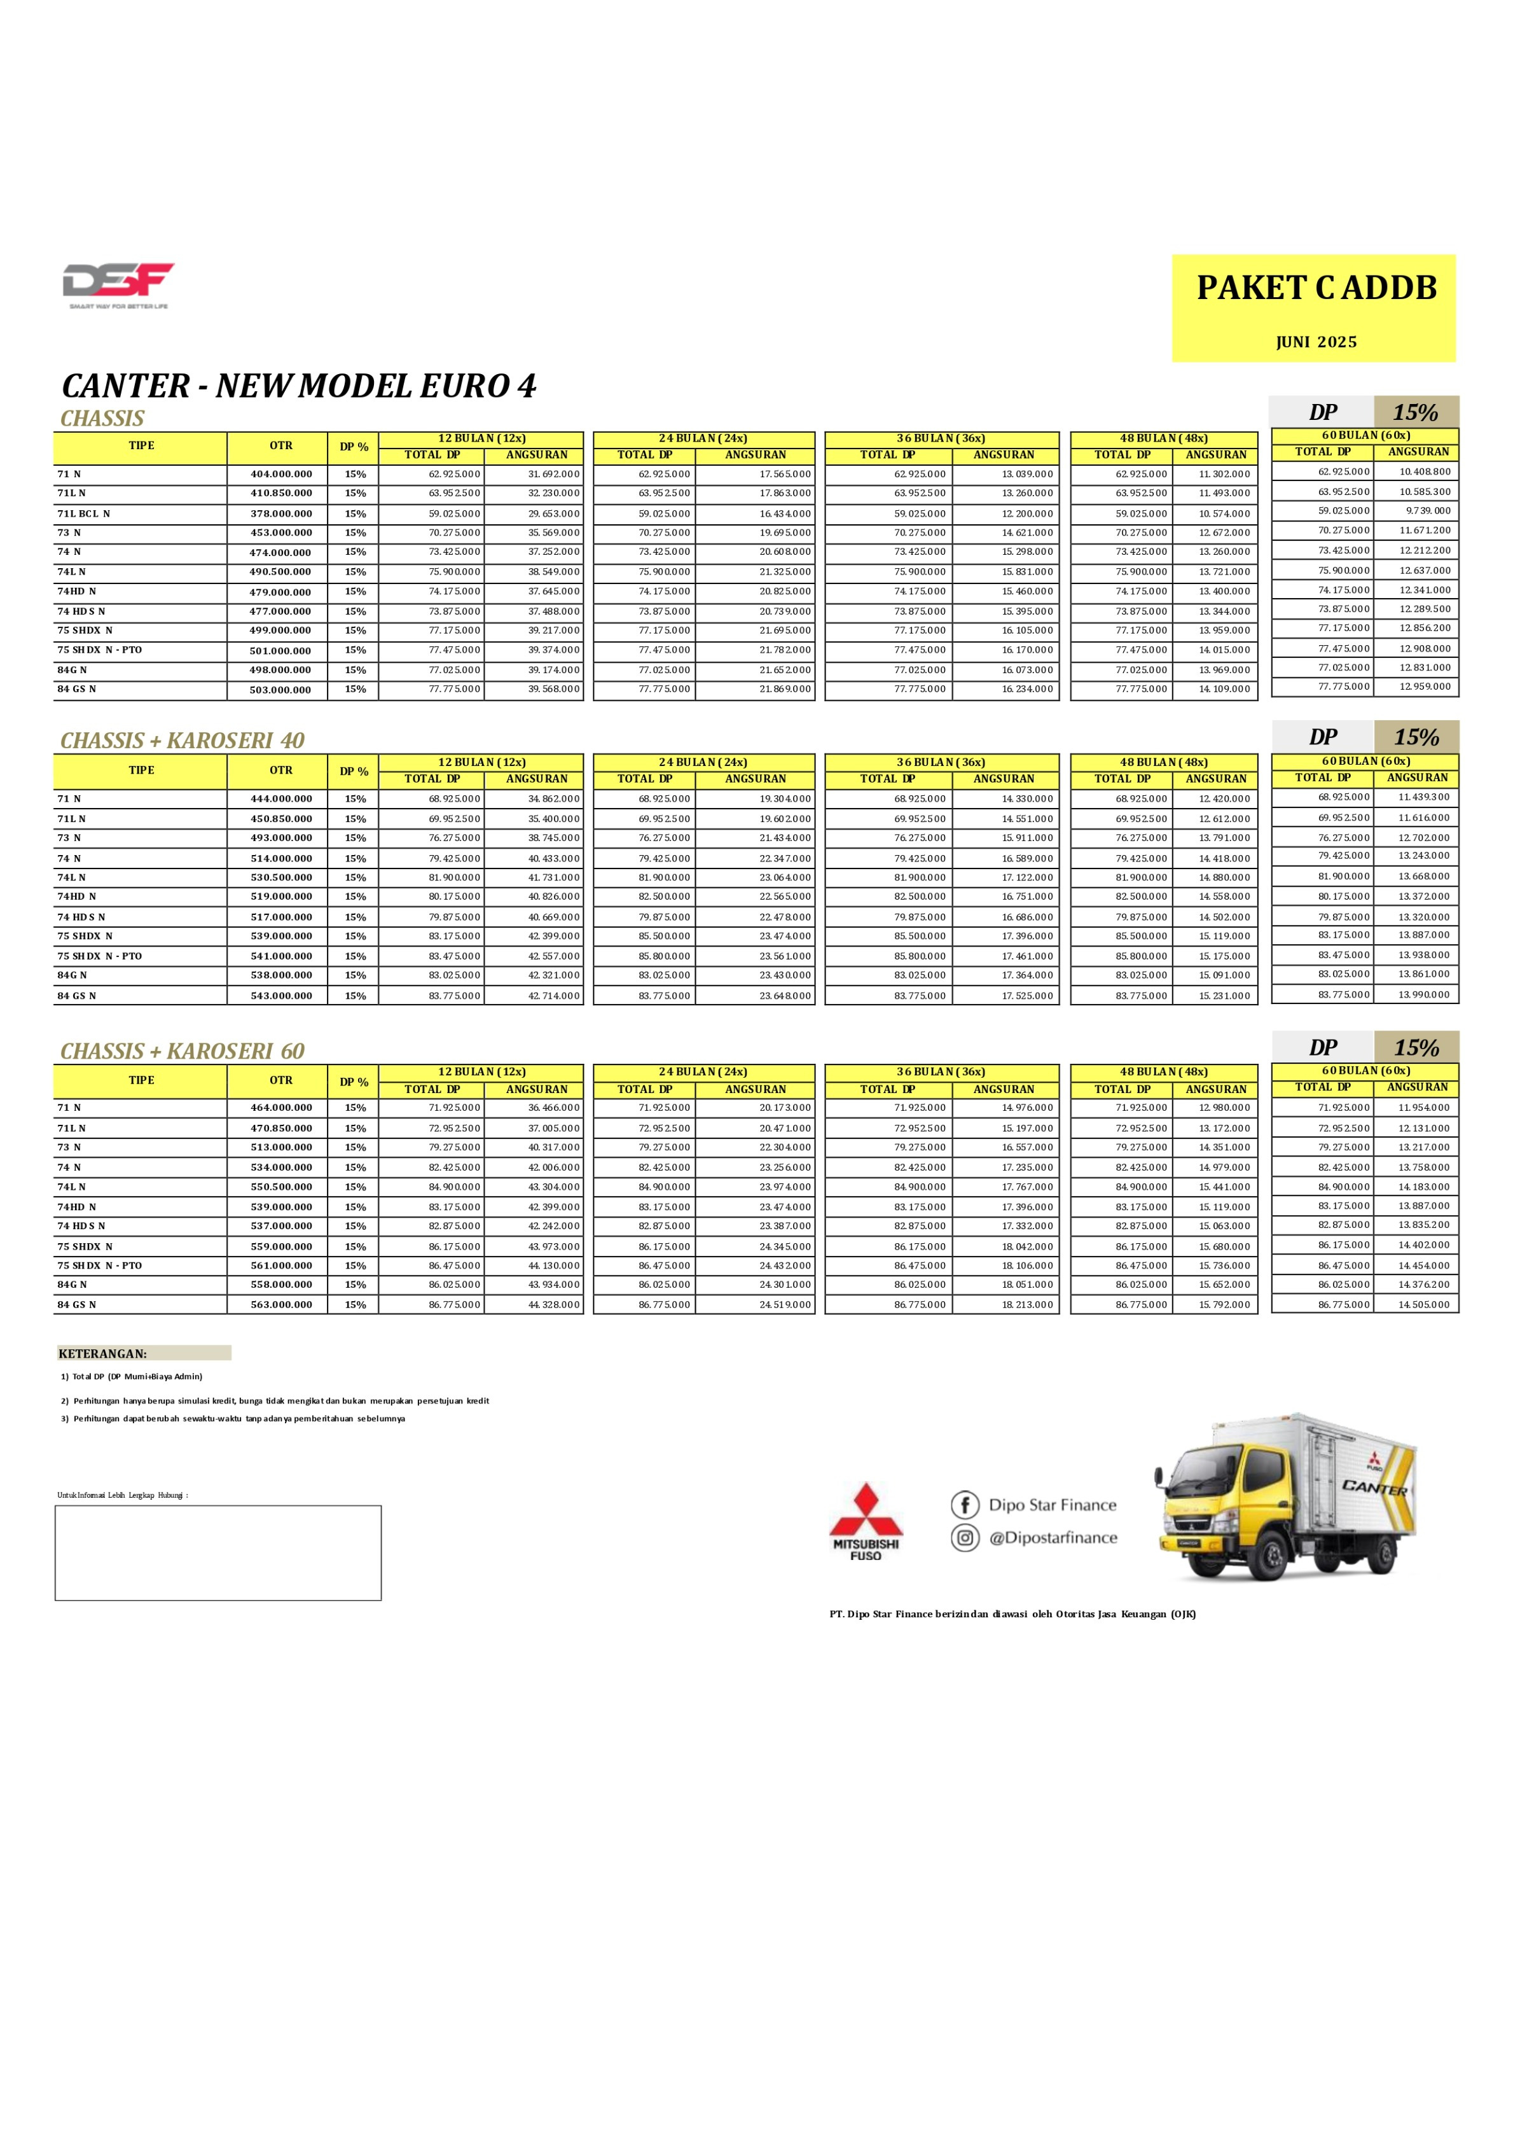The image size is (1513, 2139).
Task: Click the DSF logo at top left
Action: tap(118, 282)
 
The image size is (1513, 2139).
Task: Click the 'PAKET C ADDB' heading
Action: tap(1316, 288)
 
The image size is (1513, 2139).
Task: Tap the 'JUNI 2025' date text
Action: tap(1316, 342)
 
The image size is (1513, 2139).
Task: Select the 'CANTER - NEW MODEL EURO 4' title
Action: tap(299, 386)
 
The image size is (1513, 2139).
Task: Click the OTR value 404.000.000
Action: tap(280, 475)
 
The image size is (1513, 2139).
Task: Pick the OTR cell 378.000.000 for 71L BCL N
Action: tap(280, 513)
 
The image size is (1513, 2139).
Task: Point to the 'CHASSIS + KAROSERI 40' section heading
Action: tap(183, 741)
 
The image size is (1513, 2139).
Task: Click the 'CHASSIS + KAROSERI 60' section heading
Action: tap(183, 1051)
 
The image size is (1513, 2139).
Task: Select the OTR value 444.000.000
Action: tap(280, 798)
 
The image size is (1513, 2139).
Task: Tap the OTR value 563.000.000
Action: tap(280, 1305)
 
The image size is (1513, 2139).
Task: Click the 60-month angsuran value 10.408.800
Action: tap(1425, 471)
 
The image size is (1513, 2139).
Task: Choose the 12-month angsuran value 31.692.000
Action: tap(553, 475)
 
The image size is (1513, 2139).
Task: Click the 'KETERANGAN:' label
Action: tap(102, 1353)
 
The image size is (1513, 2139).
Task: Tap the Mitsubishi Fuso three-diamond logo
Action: tap(866, 1511)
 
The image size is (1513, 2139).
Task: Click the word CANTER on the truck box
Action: tap(1374, 1488)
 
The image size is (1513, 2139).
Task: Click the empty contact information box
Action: tap(218, 1553)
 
